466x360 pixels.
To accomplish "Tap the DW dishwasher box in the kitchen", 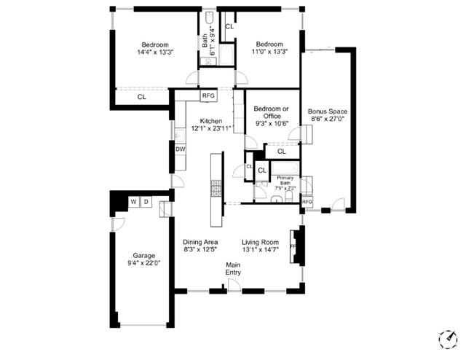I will point(180,149).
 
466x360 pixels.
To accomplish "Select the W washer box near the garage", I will point(133,202).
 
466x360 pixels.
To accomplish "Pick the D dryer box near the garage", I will point(146,202).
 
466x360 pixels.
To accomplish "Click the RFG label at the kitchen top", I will point(208,95).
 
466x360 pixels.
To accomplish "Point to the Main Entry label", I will point(233,269).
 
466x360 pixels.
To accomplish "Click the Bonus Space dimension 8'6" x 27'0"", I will point(326,120).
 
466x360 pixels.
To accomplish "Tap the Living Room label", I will point(261,242).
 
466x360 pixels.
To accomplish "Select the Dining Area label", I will point(201,242).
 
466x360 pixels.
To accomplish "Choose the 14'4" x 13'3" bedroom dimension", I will point(155,52).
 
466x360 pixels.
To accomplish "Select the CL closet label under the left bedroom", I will point(141,96).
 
